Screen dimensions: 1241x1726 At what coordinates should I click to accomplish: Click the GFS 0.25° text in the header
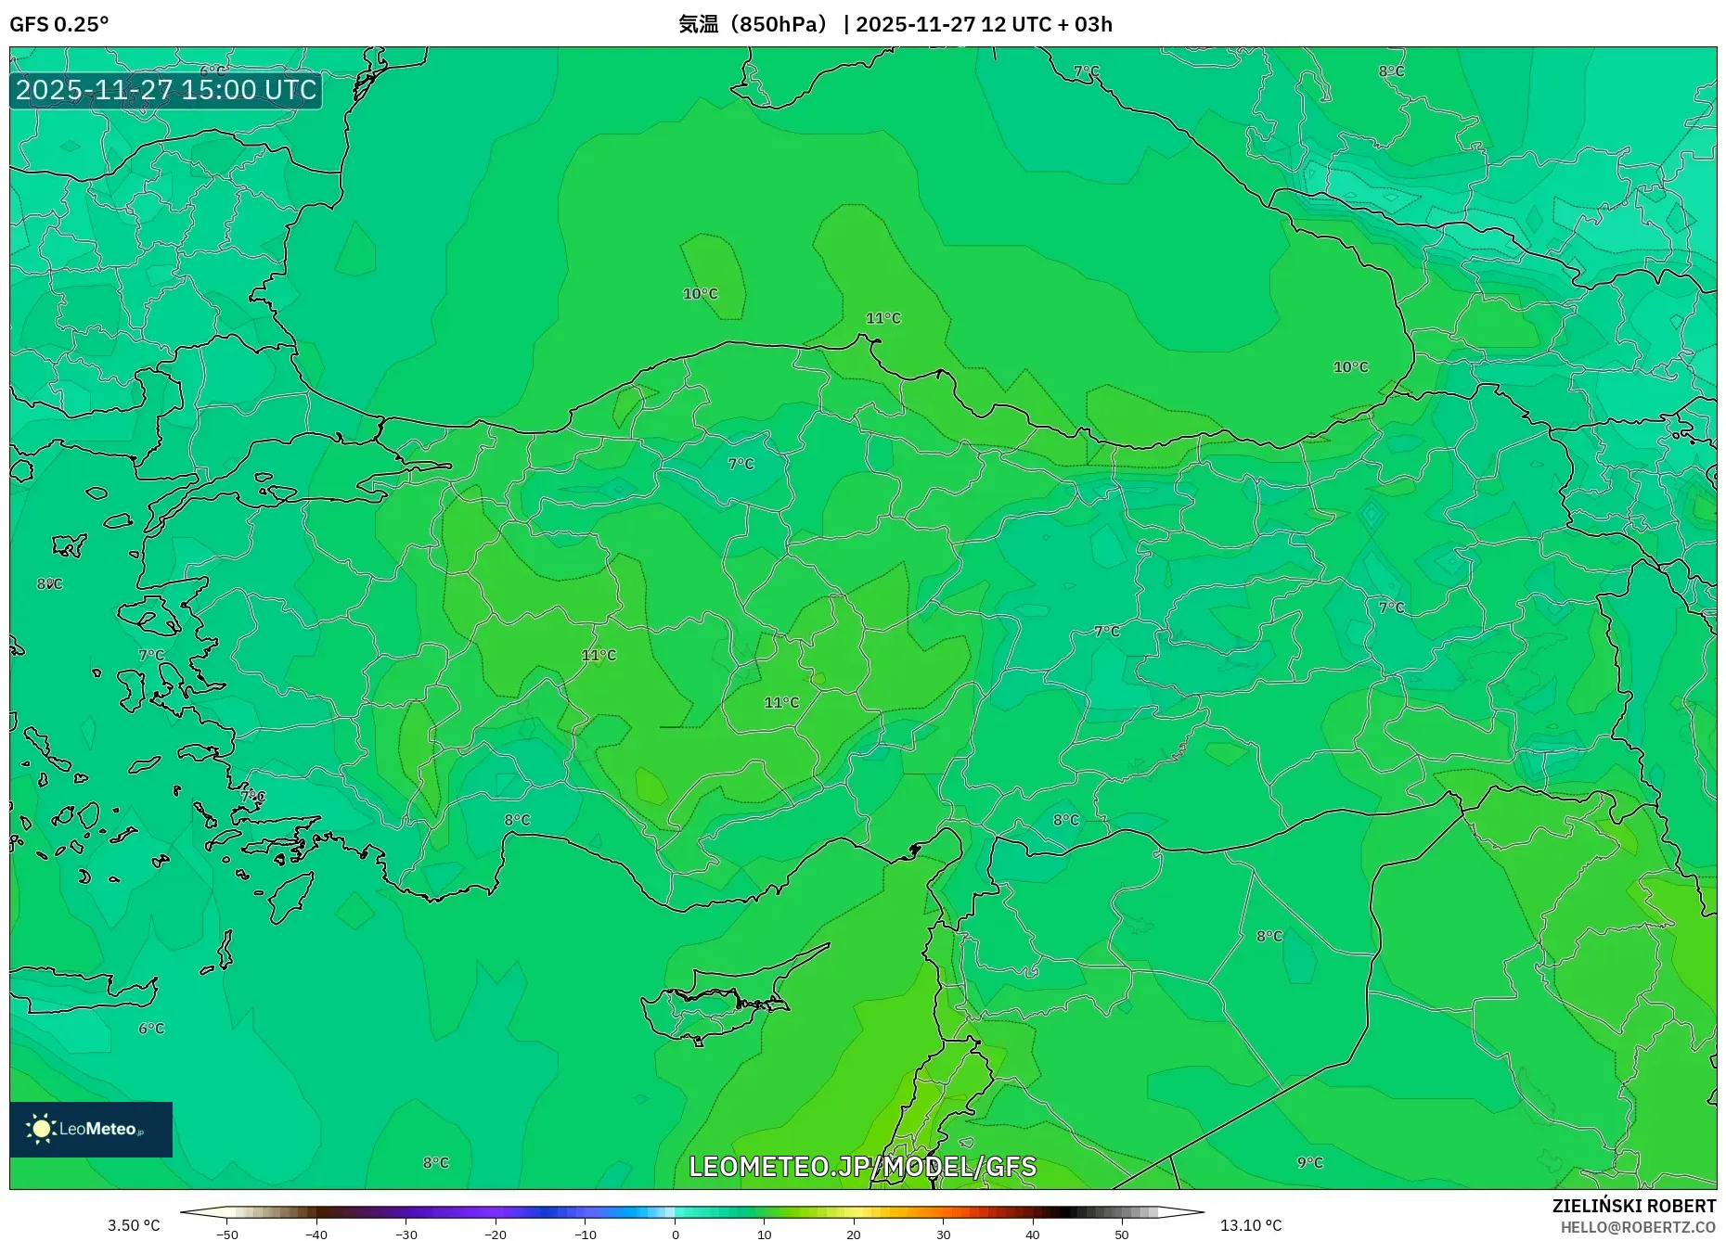[x=58, y=24]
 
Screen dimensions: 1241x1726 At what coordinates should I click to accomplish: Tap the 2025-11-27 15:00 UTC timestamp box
[x=166, y=90]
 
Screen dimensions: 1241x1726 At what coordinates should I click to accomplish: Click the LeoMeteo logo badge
[x=91, y=1129]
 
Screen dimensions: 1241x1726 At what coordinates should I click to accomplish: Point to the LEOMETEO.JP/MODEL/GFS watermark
[x=862, y=1166]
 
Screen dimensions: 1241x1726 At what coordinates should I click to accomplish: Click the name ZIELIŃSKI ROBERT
[x=1633, y=1206]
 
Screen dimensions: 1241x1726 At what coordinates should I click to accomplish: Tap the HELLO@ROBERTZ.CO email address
[x=1638, y=1227]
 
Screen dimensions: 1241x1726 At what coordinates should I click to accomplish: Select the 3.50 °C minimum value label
[x=134, y=1225]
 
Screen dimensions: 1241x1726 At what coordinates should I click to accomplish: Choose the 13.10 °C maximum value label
[x=1250, y=1225]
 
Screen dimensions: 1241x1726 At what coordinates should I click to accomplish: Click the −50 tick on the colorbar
[x=227, y=1234]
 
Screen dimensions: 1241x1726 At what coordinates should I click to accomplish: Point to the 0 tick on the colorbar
[x=675, y=1234]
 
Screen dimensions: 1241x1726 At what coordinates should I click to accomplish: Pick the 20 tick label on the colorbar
[x=853, y=1234]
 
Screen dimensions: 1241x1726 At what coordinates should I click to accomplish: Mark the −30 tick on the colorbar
[x=406, y=1234]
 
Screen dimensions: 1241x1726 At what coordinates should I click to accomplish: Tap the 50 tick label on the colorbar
[x=1121, y=1234]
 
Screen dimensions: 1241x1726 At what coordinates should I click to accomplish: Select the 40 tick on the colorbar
[x=1032, y=1234]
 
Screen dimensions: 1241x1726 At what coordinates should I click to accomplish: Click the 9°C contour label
[x=1309, y=1162]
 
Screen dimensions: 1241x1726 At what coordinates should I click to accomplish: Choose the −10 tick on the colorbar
[x=585, y=1234]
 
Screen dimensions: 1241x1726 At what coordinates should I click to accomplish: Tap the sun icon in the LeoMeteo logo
[x=41, y=1129]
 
